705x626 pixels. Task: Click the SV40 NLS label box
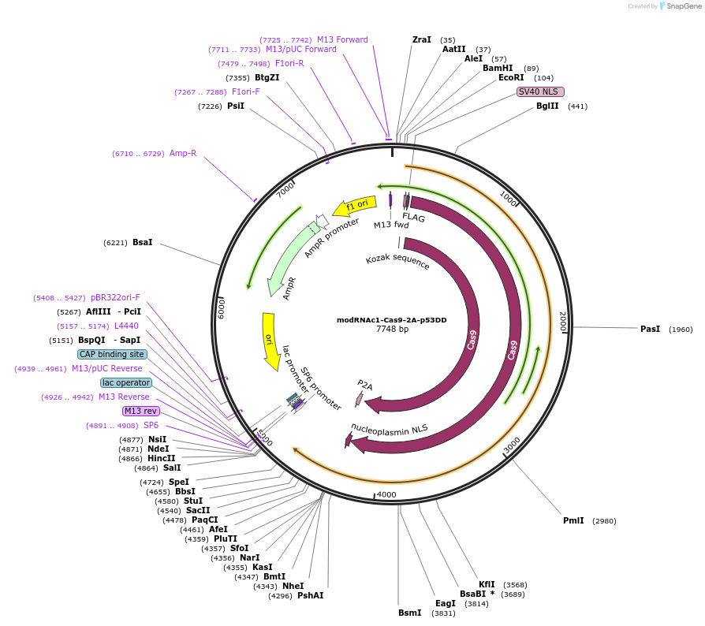pos(537,91)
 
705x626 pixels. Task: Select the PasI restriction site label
pos(650,329)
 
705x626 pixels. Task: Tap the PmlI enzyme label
pos(573,520)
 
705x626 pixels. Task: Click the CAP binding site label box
pos(112,354)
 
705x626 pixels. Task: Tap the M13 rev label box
pos(140,411)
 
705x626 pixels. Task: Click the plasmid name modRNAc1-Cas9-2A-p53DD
pos(392,320)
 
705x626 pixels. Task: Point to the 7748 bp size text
pos(392,330)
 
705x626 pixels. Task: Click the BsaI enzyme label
pos(143,242)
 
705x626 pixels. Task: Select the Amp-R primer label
pos(182,153)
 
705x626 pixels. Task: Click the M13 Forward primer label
pos(342,39)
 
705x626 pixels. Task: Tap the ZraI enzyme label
pos(422,39)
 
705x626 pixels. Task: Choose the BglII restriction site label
pos(547,106)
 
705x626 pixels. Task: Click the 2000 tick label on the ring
pos(561,320)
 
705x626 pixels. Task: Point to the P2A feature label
pos(365,385)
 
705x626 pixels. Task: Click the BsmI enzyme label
pos(410,613)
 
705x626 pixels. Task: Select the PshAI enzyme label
pos(310,595)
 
